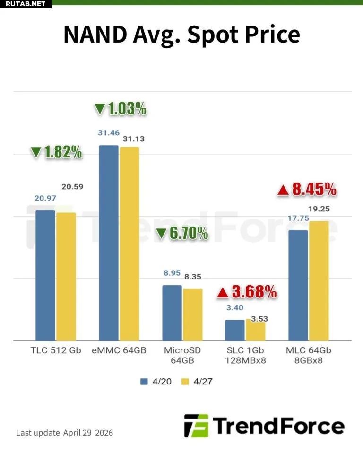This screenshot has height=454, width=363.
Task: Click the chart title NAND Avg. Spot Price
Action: (x=181, y=34)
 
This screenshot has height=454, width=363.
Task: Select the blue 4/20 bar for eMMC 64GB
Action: (x=108, y=243)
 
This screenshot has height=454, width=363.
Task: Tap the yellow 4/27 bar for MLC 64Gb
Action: (x=319, y=280)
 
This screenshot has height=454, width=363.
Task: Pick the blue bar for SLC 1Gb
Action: (x=235, y=330)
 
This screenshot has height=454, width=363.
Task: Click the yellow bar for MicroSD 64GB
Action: (x=192, y=314)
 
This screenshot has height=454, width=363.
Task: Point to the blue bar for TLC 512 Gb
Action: (x=45, y=275)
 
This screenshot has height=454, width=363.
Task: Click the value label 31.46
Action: (x=108, y=133)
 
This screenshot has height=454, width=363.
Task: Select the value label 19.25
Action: (x=319, y=209)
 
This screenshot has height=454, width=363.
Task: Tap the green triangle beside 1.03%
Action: (x=100, y=109)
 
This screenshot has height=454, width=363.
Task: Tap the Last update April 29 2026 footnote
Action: (x=65, y=432)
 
